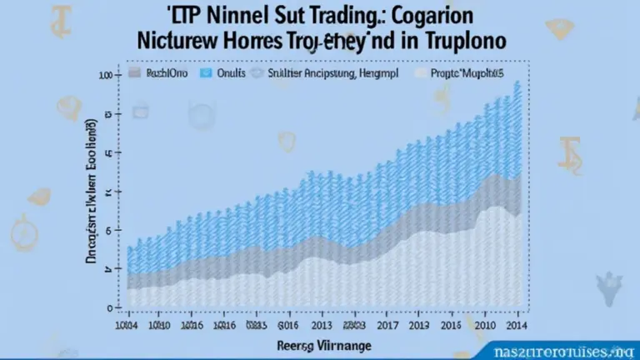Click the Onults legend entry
click(x=230, y=73)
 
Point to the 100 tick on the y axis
click(x=105, y=76)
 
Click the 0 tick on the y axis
click(x=108, y=308)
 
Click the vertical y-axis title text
click(x=93, y=193)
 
